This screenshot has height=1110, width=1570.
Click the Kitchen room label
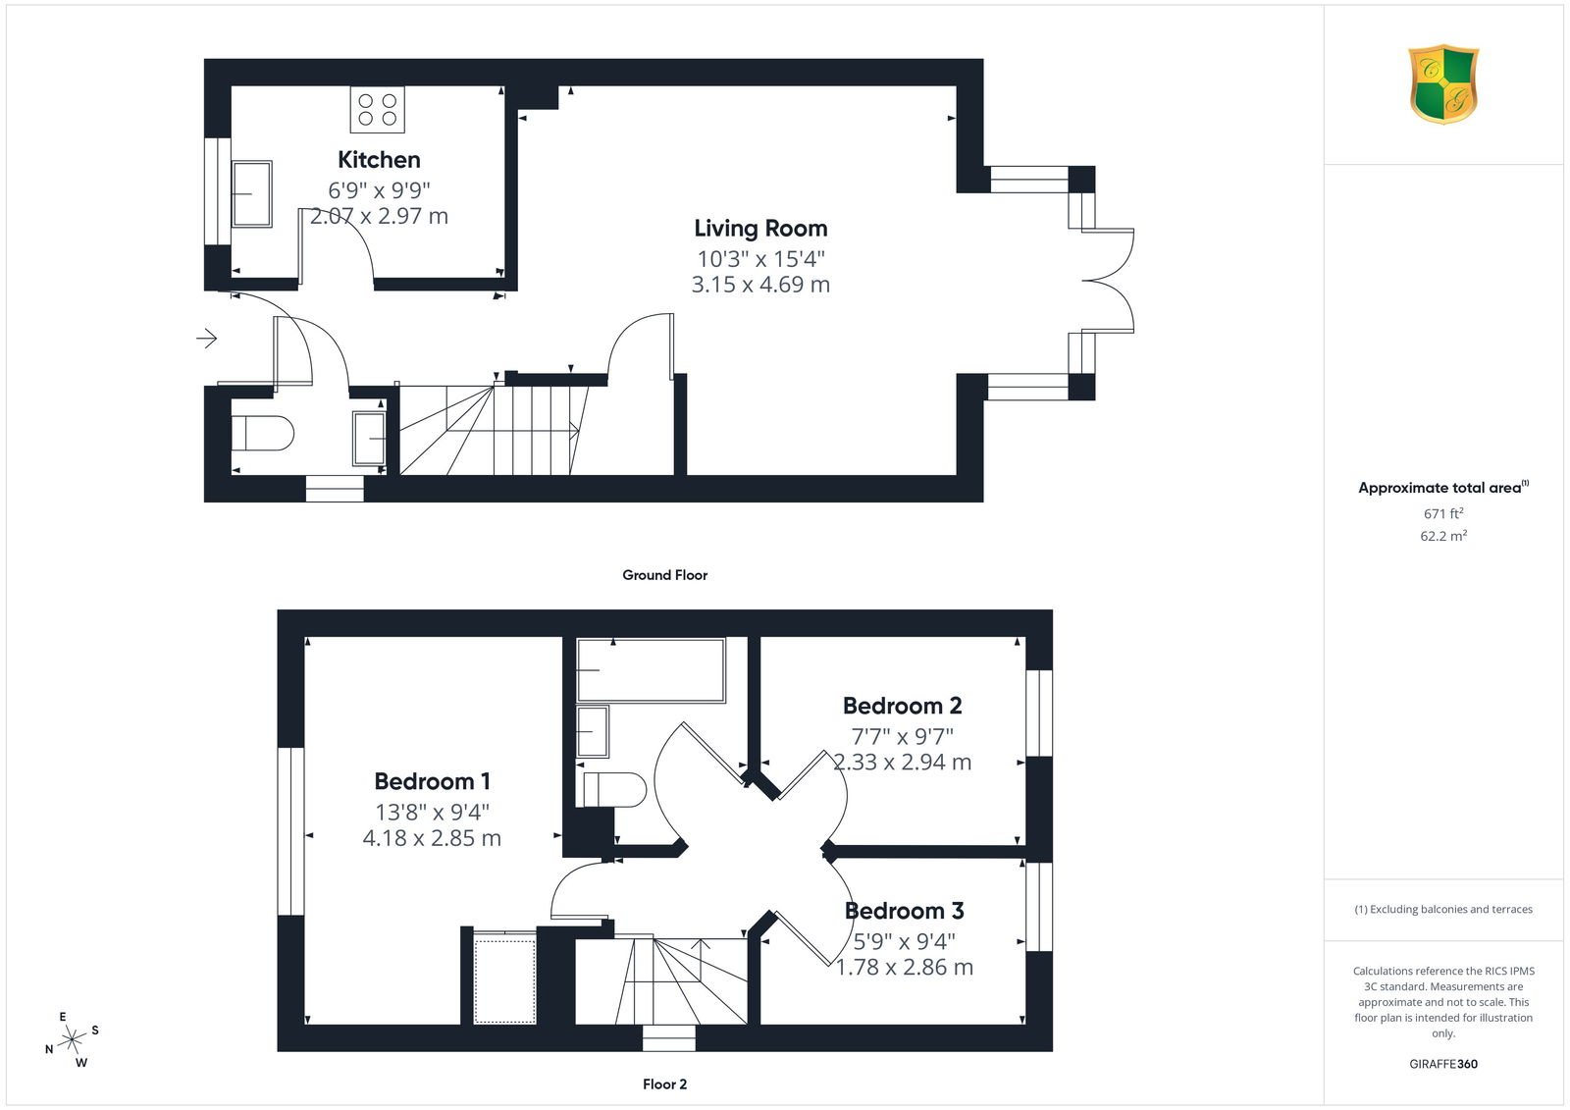tap(379, 160)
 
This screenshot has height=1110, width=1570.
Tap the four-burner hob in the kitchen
tap(378, 109)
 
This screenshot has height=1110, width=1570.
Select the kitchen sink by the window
tap(251, 193)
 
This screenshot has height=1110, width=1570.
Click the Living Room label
tap(760, 229)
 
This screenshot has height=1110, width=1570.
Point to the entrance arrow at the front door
tap(207, 339)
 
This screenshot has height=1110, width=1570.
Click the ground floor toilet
tap(262, 434)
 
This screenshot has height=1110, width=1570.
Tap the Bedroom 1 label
tap(432, 781)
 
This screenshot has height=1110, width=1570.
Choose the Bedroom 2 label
tap(902, 706)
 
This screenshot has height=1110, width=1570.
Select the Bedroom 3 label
tap(904, 911)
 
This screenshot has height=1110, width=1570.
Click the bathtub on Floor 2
tap(651, 670)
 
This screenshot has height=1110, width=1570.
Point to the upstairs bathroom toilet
tap(614, 790)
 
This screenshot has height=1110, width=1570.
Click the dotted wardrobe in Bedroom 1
tap(504, 977)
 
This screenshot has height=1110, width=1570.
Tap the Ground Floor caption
tap(664, 575)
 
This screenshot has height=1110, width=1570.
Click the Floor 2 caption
tap(664, 1084)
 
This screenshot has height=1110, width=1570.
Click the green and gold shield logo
tap(1443, 84)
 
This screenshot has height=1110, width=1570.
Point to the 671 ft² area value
tap(1443, 513)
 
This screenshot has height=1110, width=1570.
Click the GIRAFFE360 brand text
tap(1443, 1064)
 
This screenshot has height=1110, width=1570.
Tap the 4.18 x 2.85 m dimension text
tap(432, 838)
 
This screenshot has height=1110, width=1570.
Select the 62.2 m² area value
tap(1443, 536)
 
